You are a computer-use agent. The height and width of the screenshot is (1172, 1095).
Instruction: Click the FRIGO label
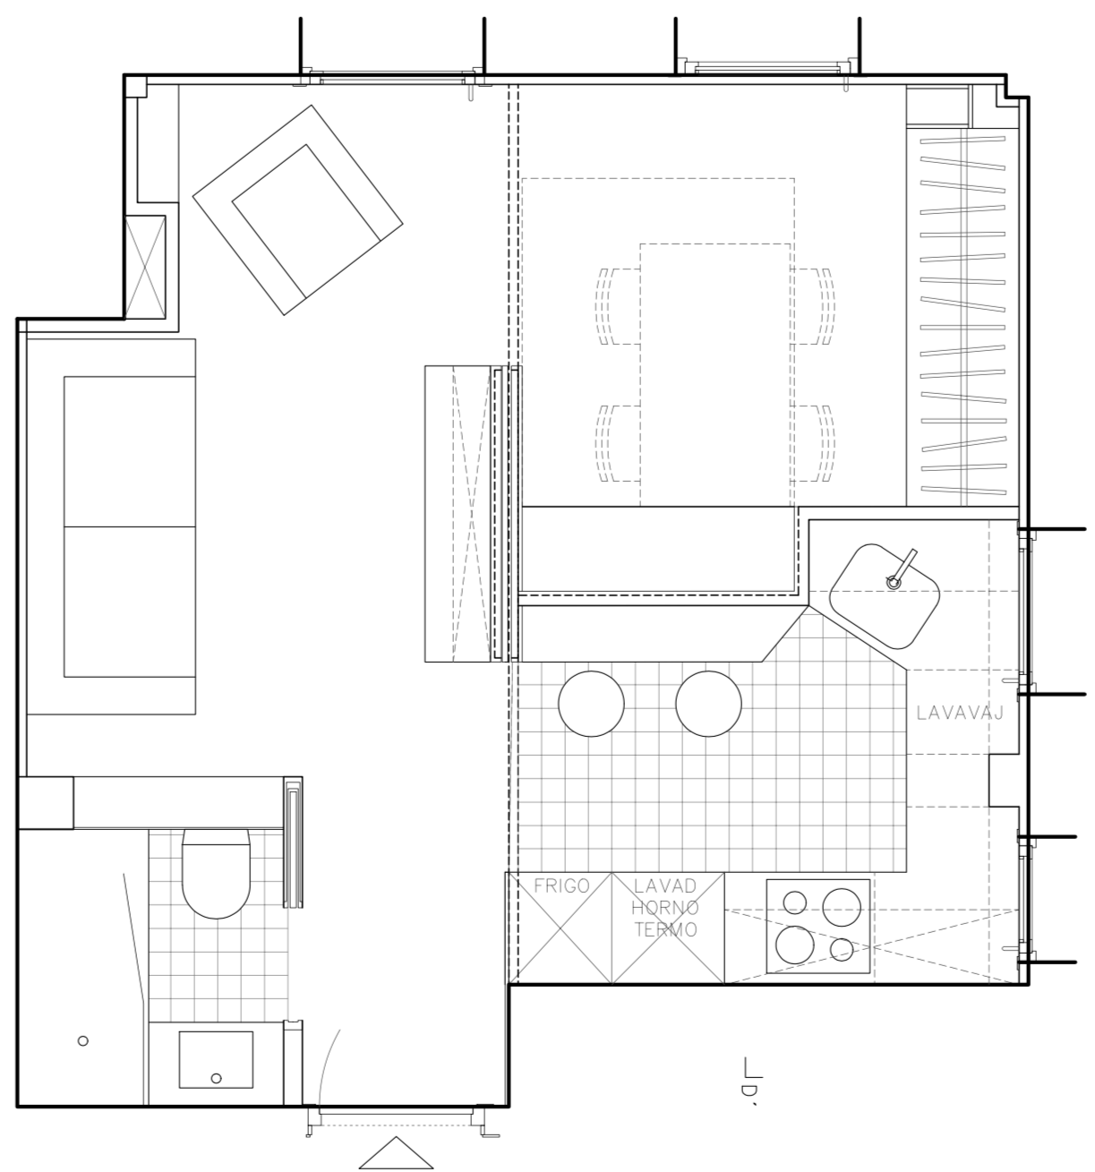click(561, 885)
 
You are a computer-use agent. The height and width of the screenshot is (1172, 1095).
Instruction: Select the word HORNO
click(665, 908)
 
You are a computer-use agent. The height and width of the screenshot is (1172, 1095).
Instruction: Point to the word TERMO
click(665, 930)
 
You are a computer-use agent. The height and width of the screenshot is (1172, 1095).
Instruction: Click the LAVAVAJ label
click(960, 714)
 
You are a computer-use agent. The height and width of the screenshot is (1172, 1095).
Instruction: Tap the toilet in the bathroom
click(216, 874)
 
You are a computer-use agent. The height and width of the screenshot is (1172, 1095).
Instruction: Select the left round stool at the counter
click(591, 704)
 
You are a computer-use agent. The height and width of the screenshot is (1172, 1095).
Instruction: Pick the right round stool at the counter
click(708, 704)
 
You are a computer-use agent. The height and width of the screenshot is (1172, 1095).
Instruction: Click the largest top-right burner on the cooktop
click(842, 908)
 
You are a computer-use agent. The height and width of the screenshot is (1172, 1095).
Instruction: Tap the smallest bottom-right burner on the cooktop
click(842, 950)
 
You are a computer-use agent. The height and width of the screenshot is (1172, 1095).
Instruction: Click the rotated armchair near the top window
click(297, 210)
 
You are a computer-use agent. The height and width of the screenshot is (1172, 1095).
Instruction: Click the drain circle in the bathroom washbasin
click(216, 1078)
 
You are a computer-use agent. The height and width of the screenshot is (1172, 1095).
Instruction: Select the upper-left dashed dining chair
click(618, 306)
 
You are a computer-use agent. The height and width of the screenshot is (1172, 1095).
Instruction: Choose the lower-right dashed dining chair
click(813, 444)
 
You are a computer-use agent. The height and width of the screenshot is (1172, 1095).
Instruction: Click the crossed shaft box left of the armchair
click(145, 267)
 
